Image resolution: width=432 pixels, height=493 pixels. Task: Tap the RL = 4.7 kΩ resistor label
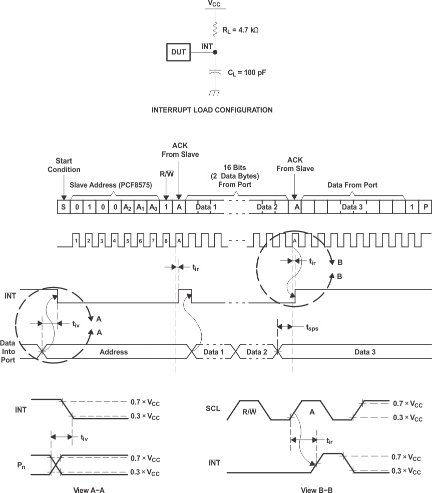click(240, 30)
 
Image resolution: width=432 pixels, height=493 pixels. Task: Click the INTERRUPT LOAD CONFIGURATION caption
click(212, 110)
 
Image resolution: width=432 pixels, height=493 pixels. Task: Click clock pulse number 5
click(127, 241)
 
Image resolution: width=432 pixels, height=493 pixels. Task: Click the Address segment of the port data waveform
click(114, 352)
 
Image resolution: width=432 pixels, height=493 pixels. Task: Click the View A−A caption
click(89, 490)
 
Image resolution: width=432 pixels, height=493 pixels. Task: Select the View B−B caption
click(316, 490)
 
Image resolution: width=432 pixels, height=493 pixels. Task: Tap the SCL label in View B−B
click(213, 408)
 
